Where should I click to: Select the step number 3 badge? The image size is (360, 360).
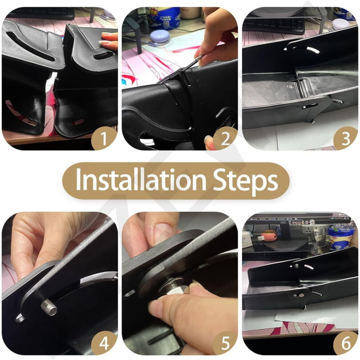[346, 138]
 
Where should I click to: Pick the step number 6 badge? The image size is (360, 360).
[346, 344]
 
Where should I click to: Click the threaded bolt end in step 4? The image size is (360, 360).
[49, 307]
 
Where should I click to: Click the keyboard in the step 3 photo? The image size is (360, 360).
[273, 26]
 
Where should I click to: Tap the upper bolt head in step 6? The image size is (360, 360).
[296, 266]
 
